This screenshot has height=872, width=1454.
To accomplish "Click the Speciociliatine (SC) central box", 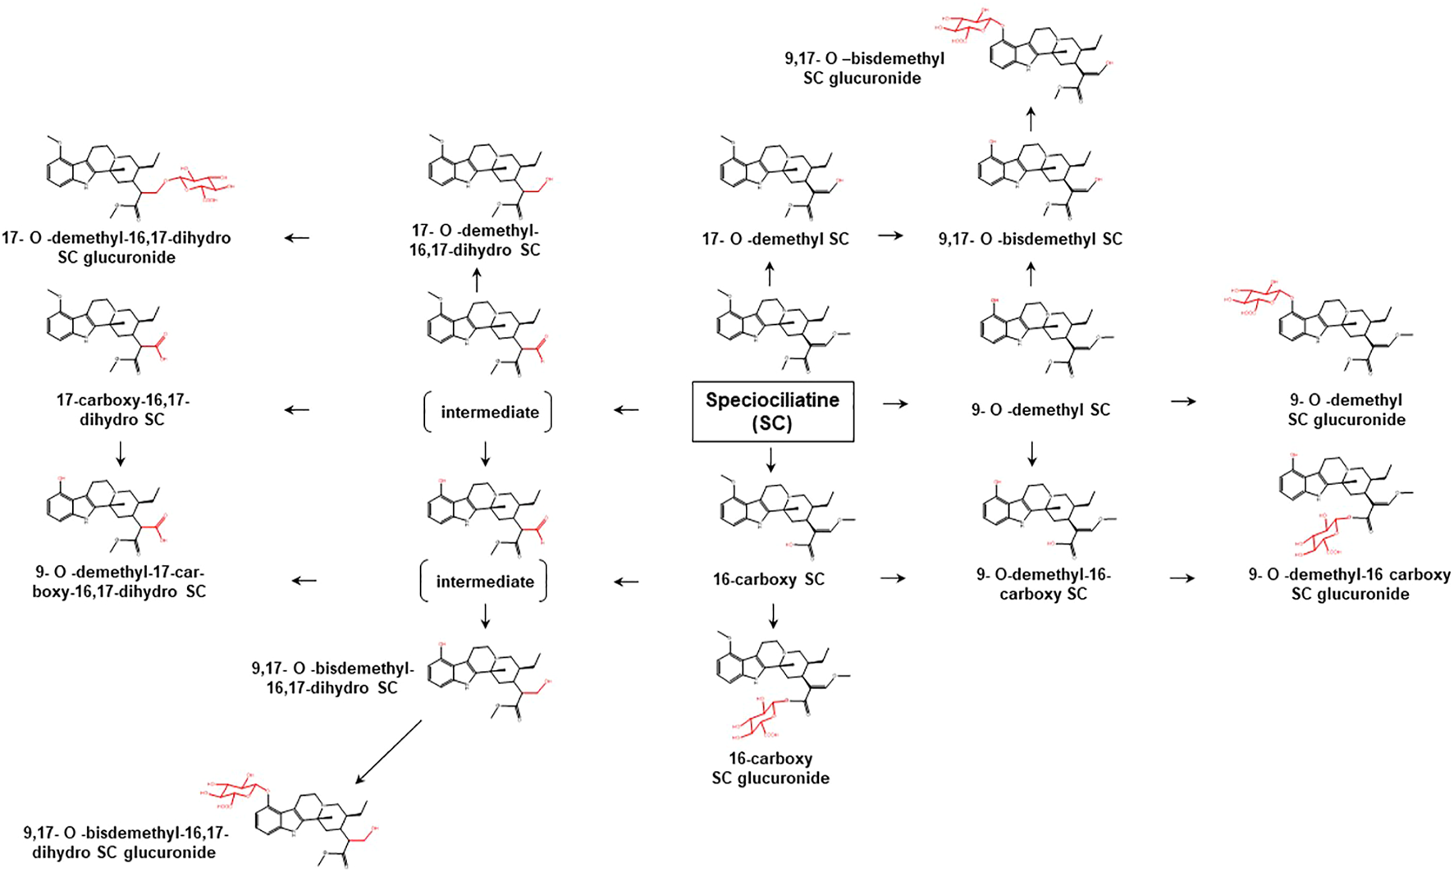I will point(773,412).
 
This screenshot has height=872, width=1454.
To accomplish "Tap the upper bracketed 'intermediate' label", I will point(490,412).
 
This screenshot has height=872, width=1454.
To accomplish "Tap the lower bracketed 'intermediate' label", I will point(485,582).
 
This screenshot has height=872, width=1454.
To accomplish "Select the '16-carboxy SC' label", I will point(769,579).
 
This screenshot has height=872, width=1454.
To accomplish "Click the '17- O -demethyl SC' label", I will point(775,239).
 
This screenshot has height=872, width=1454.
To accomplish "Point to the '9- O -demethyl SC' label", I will point(1040,409).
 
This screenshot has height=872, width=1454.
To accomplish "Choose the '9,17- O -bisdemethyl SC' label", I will point(1031,239).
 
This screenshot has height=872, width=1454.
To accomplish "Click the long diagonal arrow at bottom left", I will point(388,752).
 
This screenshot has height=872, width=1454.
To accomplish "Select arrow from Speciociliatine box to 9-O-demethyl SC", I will point(895,404).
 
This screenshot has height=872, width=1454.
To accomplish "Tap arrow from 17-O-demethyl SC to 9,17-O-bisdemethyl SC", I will point(890,236).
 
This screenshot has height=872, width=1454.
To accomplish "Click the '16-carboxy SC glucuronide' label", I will point(770,768).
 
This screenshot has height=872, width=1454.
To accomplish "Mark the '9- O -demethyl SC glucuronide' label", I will point(1347,409).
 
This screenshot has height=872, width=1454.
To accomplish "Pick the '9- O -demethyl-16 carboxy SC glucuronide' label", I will point(1349,584).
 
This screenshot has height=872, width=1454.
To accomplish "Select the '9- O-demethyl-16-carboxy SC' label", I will point(1043,583).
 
